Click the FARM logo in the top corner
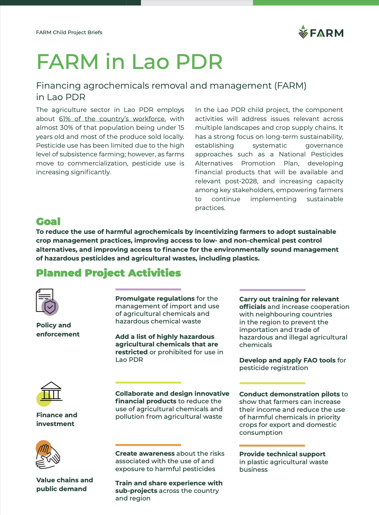321,32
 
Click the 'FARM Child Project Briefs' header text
69,32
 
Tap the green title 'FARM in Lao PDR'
130,62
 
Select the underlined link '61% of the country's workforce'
112,119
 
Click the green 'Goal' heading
48,221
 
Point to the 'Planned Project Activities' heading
108,273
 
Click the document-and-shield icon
47,302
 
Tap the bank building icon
50,392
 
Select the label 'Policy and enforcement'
58,330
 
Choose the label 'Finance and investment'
57,419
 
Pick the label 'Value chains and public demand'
64,484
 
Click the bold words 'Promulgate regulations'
155,299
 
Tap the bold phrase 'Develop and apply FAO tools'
287,360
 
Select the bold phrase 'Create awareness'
145,454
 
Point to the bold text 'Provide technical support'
282,454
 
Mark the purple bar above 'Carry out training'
272,290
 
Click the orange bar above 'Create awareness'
148,445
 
